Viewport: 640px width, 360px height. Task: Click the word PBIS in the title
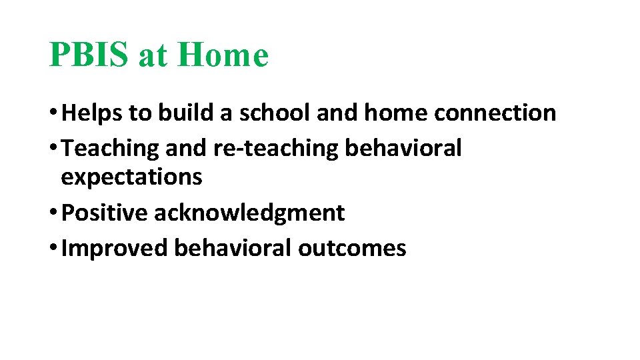[90, 55]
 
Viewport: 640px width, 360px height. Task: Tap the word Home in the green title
[223, 55]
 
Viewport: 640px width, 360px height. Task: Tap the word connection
[495, 113]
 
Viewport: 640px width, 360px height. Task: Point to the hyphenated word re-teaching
[275, 149]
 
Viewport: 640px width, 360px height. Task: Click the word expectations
[131, 177]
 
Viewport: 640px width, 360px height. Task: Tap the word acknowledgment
[249, 213]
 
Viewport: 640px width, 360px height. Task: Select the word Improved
[114, 248]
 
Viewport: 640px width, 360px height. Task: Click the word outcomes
[352, 248]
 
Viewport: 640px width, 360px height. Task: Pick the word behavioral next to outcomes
[233, 248]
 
